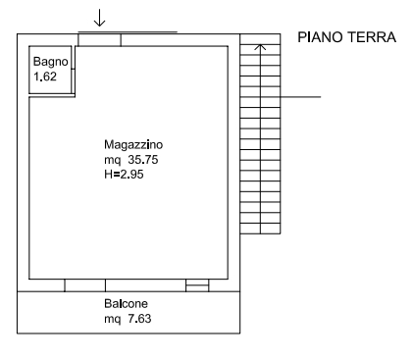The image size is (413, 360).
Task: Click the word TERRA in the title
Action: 372,37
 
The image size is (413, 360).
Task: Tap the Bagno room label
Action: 51,62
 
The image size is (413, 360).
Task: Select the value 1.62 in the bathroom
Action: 45,77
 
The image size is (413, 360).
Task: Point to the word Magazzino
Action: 133,145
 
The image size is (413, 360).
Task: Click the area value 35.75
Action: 143,160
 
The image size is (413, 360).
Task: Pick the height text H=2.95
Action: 124,175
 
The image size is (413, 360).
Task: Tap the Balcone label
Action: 126,304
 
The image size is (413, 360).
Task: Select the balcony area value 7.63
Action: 139,319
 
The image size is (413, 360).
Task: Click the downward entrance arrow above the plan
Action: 99,18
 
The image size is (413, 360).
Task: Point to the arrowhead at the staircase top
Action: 260,47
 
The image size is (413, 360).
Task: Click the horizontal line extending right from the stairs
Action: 300,97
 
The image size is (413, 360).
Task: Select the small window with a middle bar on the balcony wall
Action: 197,285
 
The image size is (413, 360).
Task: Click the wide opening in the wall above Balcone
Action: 85,285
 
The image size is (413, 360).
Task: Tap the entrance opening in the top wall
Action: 99,40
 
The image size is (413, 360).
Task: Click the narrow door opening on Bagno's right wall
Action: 74,58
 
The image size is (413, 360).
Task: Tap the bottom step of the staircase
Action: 260,229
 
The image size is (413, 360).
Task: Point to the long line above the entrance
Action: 128,32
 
